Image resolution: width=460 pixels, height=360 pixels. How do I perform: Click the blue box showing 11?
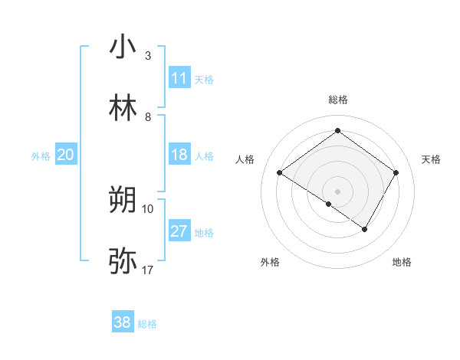point(179,78)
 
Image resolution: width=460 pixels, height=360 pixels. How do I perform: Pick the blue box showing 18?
point(179,155)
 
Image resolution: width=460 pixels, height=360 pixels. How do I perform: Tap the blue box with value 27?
point(179,231)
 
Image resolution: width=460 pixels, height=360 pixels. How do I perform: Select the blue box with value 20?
point(66,155)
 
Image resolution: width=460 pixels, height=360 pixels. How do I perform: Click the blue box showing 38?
point(123,323)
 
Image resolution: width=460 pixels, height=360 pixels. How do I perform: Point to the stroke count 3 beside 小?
point(147,56)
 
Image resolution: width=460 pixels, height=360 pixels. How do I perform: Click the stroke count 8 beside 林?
point(147,117)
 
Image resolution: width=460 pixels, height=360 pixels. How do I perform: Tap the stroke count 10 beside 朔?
point(148,208)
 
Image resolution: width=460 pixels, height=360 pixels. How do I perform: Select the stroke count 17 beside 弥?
point(148,270)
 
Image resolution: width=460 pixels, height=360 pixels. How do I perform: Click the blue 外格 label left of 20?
point(41,155)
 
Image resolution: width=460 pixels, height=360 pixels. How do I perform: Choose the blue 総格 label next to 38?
point(147,324)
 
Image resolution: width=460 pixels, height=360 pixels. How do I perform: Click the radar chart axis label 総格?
point(337,100)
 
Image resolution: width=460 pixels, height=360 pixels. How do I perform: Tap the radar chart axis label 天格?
point(432,159)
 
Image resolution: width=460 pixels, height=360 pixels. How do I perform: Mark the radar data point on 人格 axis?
point(280,173)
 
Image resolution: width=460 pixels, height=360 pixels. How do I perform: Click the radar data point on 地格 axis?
point(365,229)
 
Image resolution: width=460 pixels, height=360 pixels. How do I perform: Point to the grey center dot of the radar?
point(337,191)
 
